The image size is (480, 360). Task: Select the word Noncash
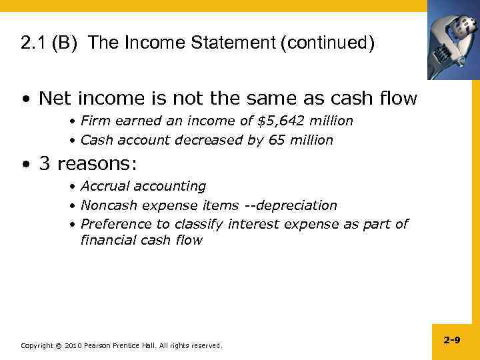pos(107,205)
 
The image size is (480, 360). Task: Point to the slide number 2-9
pos(451,340)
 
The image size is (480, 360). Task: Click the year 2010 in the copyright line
pos(72,345)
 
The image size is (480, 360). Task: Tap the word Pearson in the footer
pos(97,345)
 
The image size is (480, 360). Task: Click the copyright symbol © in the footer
pos(58,345)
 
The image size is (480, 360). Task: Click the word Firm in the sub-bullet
pos(93,121)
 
